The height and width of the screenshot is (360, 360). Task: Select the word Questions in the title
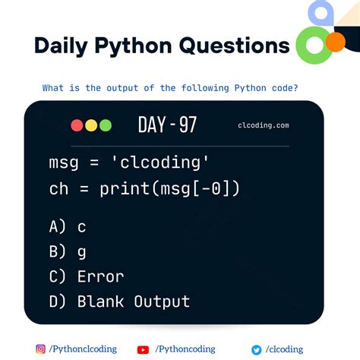tap(234, 46)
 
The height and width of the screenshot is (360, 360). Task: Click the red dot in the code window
tap(77, 125)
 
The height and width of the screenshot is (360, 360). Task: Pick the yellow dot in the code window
tap(91, 125)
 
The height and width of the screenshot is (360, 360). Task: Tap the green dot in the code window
tap(105, 125)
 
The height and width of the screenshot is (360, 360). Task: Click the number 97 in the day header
tap(188, 125)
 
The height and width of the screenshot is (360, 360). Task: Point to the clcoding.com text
tap(263, 126)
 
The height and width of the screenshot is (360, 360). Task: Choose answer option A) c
tap(68, 226)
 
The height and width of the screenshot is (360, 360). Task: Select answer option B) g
tap(68, 251)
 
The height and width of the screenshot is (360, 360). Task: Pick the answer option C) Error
tap(86, 276)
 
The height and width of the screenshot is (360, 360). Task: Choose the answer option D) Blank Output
tap(118, 302)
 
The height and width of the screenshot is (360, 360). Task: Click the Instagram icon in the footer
tap(40, 349)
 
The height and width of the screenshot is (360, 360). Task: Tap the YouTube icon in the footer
tap(143, 349)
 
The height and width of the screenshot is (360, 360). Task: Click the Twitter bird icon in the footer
tap(257, 349)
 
